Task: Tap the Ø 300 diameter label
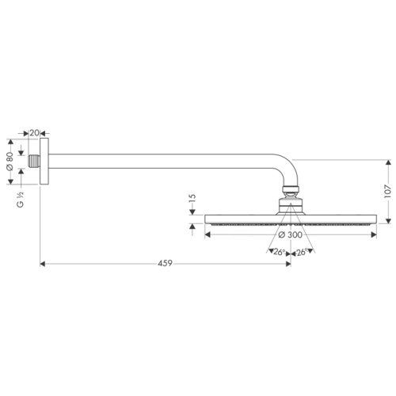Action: point(291,234)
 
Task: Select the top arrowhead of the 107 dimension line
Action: point(387,160)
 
